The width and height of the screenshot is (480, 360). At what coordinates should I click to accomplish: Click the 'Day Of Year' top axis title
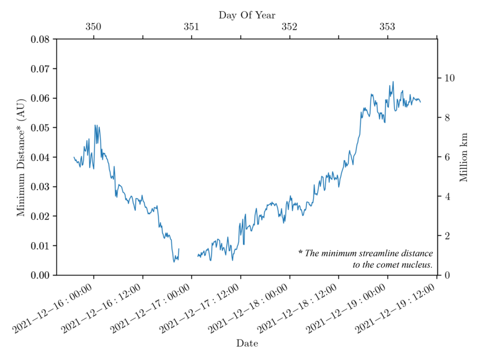point(247,15)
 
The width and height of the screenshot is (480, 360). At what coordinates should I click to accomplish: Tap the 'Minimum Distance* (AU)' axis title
point(21,156)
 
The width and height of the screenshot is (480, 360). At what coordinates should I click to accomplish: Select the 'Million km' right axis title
point(463,157)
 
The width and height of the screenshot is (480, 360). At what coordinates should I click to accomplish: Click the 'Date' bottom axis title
point(247,343)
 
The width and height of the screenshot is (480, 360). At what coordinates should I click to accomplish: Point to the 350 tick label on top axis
point(93,27)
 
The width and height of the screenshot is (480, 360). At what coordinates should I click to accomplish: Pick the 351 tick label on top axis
point(191,27)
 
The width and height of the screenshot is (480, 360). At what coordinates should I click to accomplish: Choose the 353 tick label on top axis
point(387,27)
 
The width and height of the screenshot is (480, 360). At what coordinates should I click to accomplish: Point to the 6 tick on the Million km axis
point(446,157)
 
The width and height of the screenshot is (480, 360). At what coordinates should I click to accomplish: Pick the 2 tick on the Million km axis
point(446,235)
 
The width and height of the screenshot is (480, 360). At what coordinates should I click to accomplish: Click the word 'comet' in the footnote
point(388,264)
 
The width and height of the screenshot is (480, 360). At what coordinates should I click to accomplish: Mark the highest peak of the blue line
point(393,81)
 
